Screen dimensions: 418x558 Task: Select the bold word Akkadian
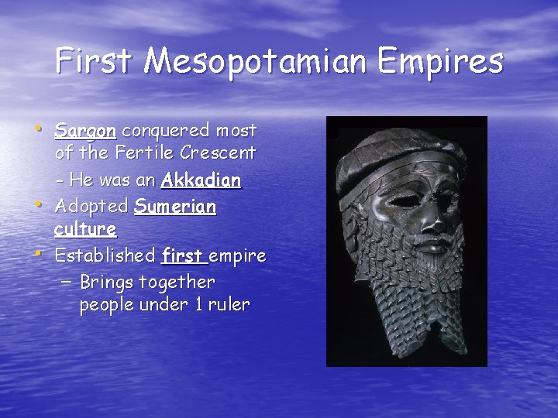201,180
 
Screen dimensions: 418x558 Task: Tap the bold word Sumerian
174,207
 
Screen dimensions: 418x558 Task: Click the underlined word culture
85,230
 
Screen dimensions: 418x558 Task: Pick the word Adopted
91,207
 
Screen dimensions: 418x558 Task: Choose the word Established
105,255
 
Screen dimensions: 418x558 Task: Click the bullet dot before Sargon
40,127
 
